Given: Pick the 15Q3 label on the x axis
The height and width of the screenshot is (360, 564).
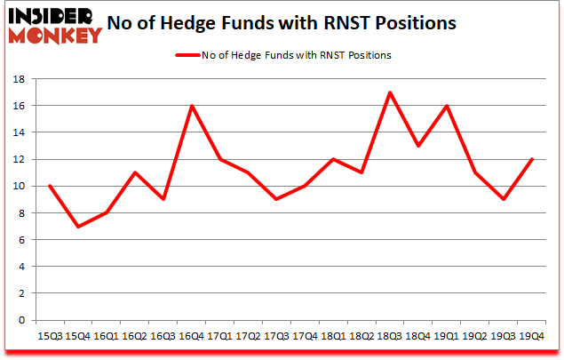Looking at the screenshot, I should pyautogui.click(x=49, y=337).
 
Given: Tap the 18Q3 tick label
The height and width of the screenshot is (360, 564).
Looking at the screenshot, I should pyautogui.click(x=390, y=337).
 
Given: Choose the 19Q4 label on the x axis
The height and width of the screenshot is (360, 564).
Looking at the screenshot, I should pyautogui.click(x=531, y=337).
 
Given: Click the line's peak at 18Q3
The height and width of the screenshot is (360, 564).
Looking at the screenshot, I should pyautogui.click(x=390, y=92).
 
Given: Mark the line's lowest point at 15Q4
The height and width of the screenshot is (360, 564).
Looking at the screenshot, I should pyautogui.click(x=78, y=227).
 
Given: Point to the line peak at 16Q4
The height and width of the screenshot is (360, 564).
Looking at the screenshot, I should pyautogui.click(x=192, y=106).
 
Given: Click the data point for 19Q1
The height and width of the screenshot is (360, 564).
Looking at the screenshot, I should pyautogui.click(x=446, y=106).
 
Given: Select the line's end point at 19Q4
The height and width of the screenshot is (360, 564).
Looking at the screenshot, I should pyautogui.click(x=531, y=159).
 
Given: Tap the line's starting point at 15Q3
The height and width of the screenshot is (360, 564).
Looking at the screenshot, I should pyautogui.click(x=50, y=186).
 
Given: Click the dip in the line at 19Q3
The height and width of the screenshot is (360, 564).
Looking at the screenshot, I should pyautogui.click(x=503, y=199).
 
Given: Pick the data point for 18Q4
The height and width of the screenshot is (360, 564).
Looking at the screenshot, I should pyautogui.click(x=418, y=146).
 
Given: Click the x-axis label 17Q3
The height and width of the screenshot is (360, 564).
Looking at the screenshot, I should pyautogui.click(x=276, y=337).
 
